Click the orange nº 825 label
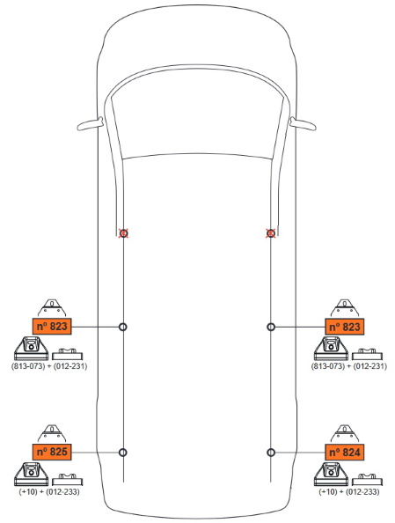52,452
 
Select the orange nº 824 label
344,452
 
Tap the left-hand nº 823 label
52,326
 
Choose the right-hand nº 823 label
344,326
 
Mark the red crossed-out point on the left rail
124,233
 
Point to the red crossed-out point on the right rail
271,233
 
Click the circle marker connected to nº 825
123,453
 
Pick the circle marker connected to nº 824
271,453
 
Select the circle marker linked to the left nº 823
123,327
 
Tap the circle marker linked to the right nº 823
271,327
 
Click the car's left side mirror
90,124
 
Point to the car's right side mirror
303,124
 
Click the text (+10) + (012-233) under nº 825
49,491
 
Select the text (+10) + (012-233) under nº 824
348,491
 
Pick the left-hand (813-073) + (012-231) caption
49,366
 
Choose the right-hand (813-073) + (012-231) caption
349,366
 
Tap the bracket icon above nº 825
52,433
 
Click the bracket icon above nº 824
345,433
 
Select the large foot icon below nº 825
32,474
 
